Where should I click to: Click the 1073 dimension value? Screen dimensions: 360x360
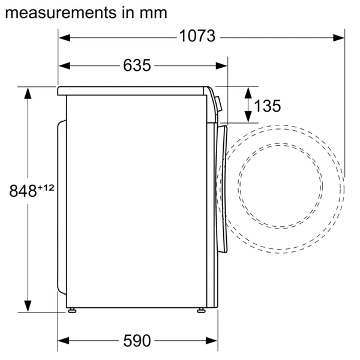[197, 37]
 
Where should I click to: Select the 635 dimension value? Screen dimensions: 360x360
[137, 65]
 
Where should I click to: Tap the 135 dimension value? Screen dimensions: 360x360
[267, 106]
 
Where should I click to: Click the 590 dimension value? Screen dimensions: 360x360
[137, 341]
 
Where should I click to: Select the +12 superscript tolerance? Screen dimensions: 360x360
[46, 187]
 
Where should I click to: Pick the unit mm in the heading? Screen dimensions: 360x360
[154, 11]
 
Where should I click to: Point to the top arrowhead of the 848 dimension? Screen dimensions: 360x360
[28, 92]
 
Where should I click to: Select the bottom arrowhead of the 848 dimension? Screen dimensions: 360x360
[28, 307]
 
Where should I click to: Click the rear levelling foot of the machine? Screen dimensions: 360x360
[72, 310]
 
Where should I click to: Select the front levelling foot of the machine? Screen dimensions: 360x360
[200, 310]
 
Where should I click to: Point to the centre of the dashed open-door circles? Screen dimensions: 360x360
[280, 187]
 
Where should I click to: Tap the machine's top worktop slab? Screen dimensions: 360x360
[132, 91]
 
